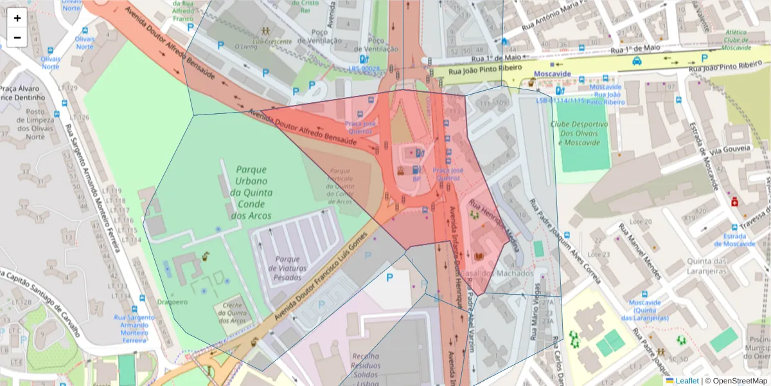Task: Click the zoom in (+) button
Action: (x=17, y=17)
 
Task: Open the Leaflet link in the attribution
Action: (x=687, y=381)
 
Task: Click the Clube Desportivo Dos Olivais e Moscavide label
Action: (x=579, y=133)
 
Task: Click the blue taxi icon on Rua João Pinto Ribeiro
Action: (x=636, y=61)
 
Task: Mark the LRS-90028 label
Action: (x=364, y=68)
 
